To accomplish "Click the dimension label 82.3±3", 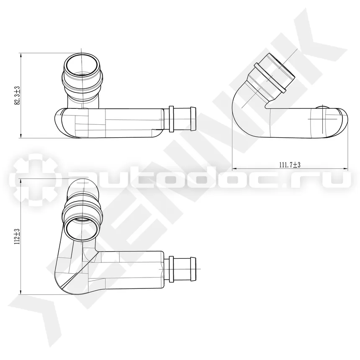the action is tap(18, 96).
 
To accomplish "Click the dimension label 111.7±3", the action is tap(290, 165).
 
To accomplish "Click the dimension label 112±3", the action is tap(18, 237).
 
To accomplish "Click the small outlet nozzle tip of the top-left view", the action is tap(193, 119).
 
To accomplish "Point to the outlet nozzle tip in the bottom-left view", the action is tap(193, 269).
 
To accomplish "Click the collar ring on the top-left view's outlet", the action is tap(171, 119).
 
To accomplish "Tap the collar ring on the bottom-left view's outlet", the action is tap(171, 269).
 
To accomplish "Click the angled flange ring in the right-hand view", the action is tap(270, 78).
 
